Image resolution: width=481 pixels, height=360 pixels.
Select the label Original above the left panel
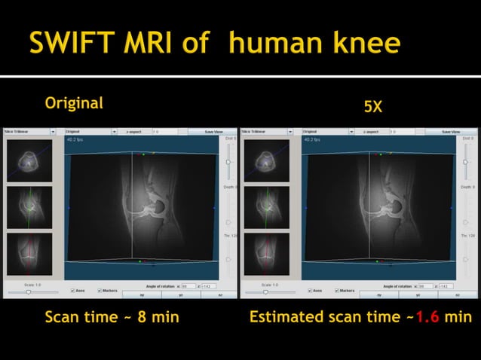click(74, 103)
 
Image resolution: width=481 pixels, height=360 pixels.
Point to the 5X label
click(372, 108)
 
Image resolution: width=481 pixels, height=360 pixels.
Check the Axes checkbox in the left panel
click(72, 290)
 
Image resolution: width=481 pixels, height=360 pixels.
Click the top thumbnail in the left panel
click(29, 160)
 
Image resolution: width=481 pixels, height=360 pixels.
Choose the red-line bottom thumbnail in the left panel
click(29, 254)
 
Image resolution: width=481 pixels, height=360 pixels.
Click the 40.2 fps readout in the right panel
click(313, 140)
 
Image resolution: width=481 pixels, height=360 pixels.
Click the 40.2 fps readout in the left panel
click(76, 140)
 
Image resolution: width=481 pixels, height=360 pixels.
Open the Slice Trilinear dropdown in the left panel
click(30, 131)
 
